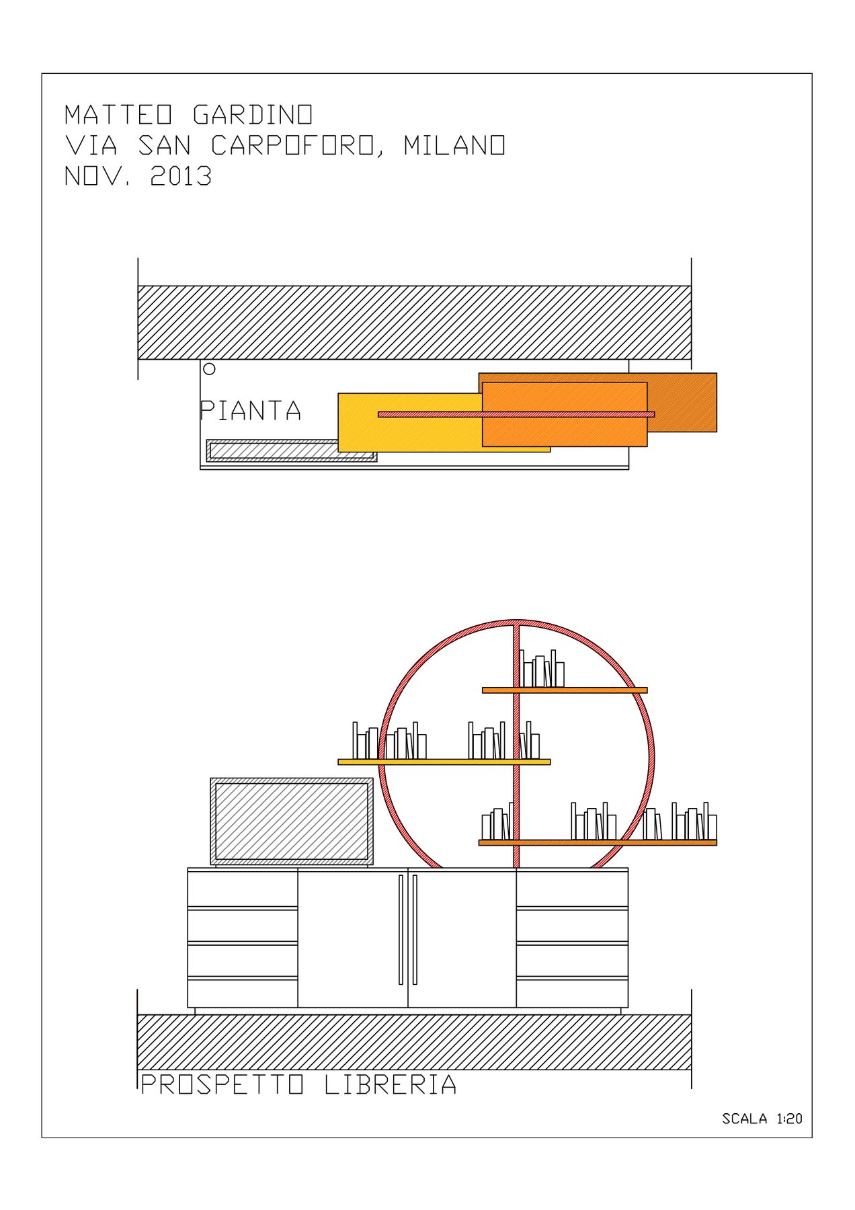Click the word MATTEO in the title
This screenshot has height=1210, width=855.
[x=118, y=114]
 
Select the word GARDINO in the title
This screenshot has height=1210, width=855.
[x=253, y=114]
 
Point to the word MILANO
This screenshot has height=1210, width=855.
[x=454, y=145]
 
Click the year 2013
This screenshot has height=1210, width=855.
[x=181, y=176]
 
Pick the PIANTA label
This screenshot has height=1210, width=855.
[x=250, y=411]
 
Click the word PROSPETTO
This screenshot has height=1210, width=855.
[x=222, y=1084]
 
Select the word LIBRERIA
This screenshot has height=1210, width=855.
[x=391, y=1084]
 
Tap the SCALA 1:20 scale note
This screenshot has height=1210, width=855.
[x=762, y=1119]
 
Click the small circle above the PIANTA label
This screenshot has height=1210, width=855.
[x=209, y=368]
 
